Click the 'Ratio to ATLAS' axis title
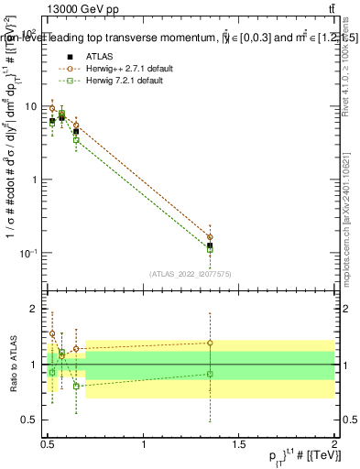(12, 364)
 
